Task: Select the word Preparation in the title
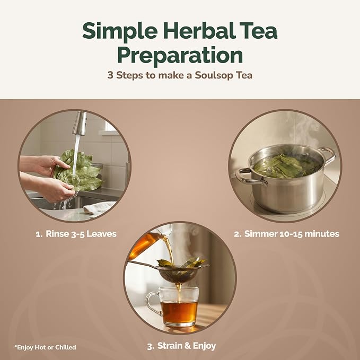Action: [x=180, y=56]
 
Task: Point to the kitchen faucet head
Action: [x=80, y=124]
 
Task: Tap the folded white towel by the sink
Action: [x=99, y=208]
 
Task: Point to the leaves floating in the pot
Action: [x=286, y=166]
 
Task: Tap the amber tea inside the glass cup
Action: [x=180, y=312]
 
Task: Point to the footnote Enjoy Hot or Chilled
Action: [x=45, y=347]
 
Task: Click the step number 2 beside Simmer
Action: [x=237, y=234]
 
